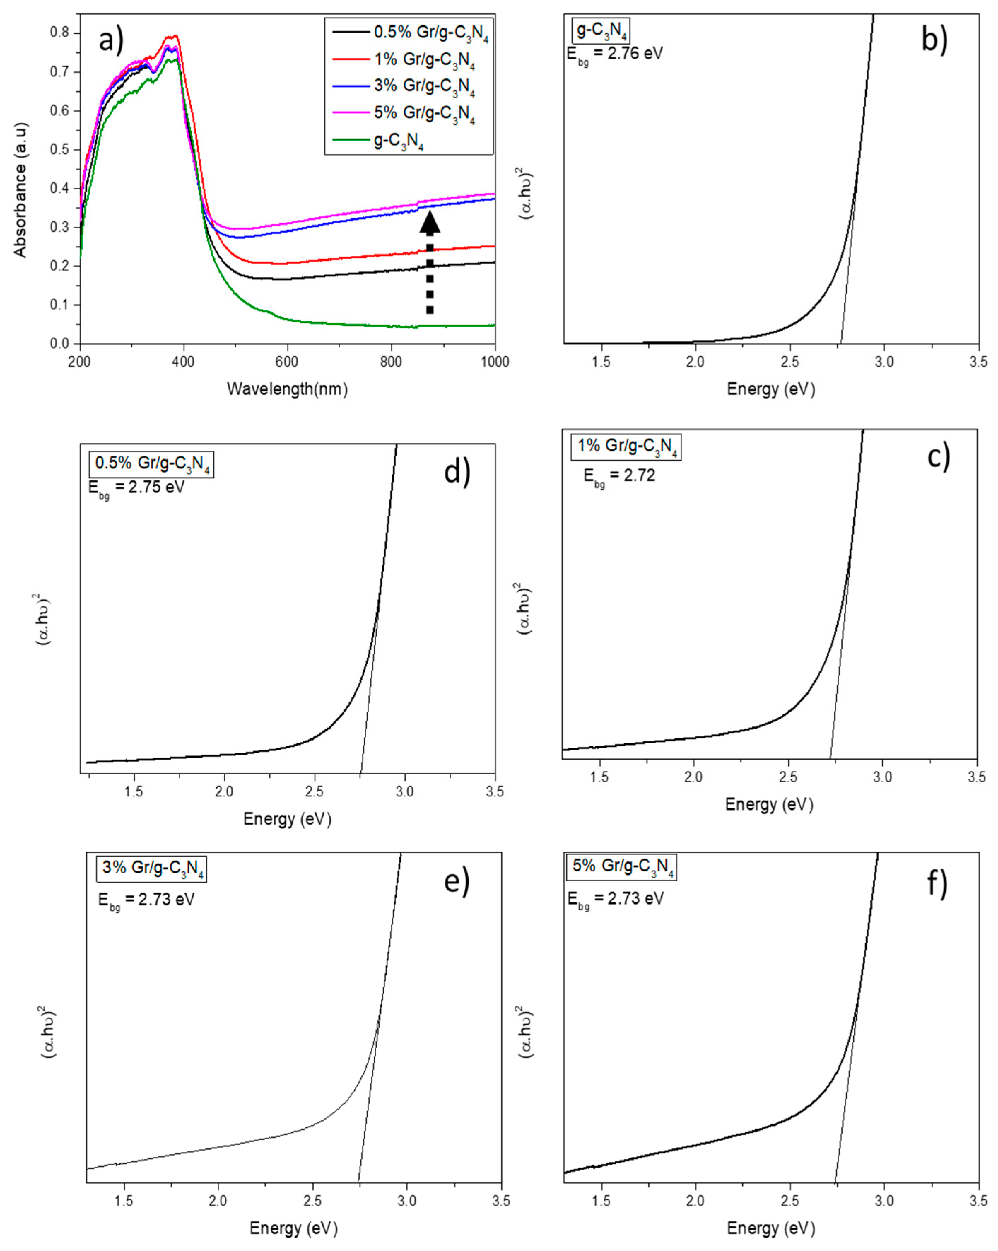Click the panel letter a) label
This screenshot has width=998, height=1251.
(x=111, y=42)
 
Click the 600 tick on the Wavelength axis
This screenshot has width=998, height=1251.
(x=287, y=362)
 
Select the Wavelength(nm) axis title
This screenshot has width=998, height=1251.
(x=287, y=389)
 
